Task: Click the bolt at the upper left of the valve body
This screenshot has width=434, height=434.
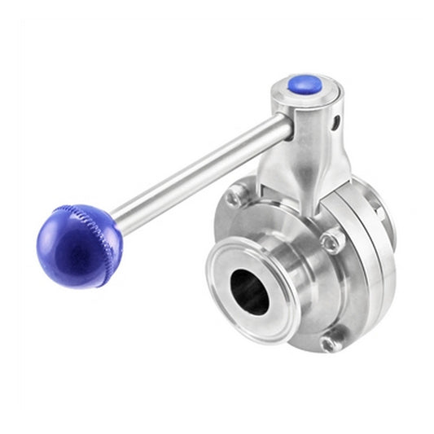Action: click(x=235, y=195)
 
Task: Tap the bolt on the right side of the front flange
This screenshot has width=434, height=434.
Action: click(x=331, y=241)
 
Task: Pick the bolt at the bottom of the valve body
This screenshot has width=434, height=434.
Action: click(x=330, y=343)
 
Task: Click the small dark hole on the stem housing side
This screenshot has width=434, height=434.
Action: click(x=335, y=125)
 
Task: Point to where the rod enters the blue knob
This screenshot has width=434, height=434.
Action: click(x=116, y=218)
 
